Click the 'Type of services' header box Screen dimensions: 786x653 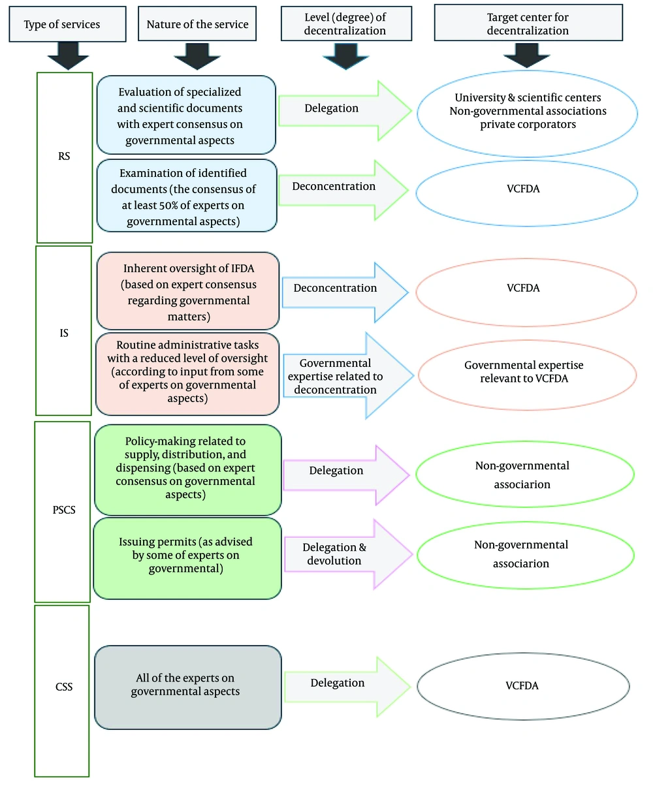point(62,25)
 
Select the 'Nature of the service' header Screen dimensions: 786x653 point(197,25)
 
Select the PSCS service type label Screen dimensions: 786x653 point(62,511)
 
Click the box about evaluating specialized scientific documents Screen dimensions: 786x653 point(186,115)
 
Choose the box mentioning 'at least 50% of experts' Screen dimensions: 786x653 point(186,195)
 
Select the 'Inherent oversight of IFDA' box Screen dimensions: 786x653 point(188,292)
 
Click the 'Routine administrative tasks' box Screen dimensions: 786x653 point(188,373)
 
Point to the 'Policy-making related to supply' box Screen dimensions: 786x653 point(188,470)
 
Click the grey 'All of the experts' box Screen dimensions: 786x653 point(188,687)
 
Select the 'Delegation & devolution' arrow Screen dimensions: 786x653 point(346,554)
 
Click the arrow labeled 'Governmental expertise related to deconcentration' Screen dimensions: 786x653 point(346,376)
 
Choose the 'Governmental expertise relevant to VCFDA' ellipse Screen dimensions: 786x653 point(527,373)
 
